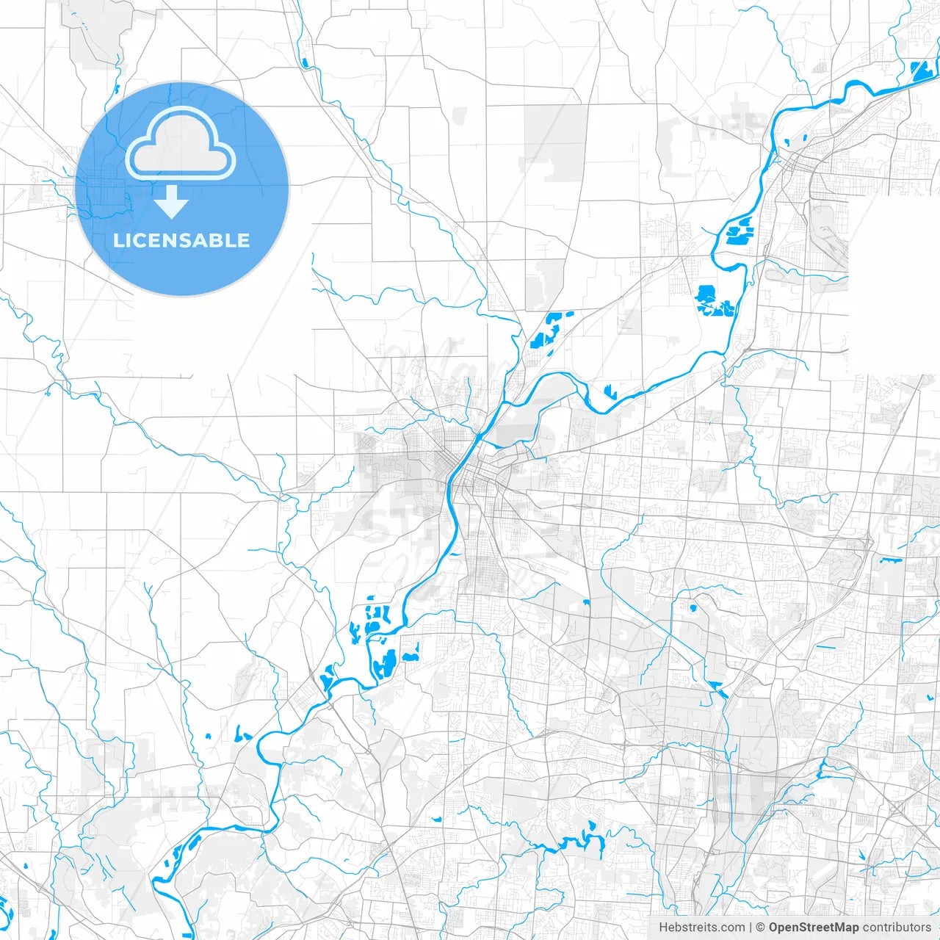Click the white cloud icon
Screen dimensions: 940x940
pyautogui.click(x=181, y=144)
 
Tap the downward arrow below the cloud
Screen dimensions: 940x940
pyautogui.click(x=171, y=202)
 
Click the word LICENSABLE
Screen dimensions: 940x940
pyautogui.click(x=181, y=240)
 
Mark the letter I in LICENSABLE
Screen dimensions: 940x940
pyautogui.click(x=129, y=240)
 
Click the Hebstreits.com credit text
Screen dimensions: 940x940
pyautogui.click(x=701, y=928)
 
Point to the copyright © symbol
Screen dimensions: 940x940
pyautogui.click(x=760, y=928)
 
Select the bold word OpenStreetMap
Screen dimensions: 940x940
pyautogui.click(x=813, y=928)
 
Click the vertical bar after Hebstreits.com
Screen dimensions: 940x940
pyautogui.click(x=750, y=928)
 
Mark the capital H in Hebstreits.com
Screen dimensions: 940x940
pyautogui.click(x=663, y=928)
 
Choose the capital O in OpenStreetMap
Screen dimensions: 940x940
pyautogui.click(x=774, y=928)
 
